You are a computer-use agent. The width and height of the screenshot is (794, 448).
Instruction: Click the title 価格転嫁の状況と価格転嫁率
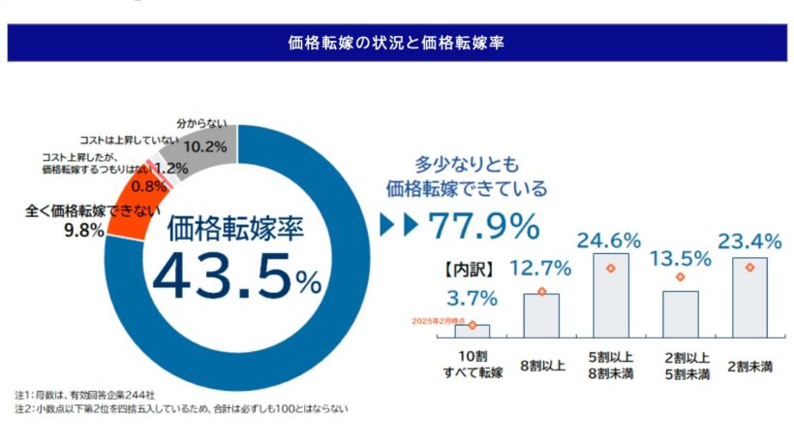click(x=396, y=43)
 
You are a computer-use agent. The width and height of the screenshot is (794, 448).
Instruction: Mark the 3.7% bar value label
click(x=472, y=297)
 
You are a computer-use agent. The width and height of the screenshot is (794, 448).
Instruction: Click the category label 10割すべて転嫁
click(x=472, y=364)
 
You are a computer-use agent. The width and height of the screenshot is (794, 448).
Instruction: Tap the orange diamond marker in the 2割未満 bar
click(x=749, y=267)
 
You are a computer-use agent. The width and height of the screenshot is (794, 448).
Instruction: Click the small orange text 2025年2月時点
click(x=437, y=320)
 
